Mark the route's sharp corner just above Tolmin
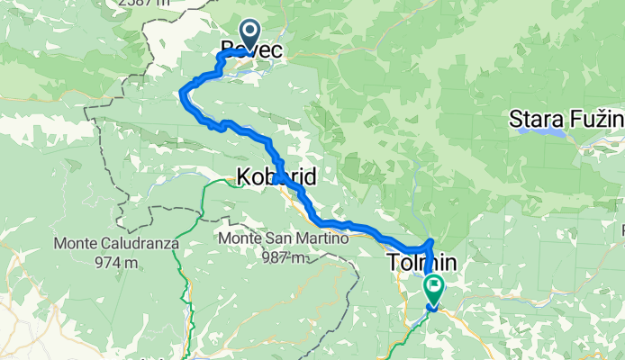(x=430, y=242)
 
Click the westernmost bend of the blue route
(x=184, y=90)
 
